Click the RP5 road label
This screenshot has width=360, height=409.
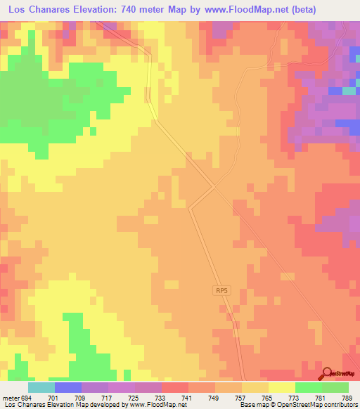pyautogui.click(x=222, y=290)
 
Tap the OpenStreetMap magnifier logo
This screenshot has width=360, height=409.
pyautogui.click(x=328, y=373)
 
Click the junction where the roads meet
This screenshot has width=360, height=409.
pyautogui.click(x=214, y=186)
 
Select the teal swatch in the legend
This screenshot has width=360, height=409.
pyautogui.click(x=41, y=387)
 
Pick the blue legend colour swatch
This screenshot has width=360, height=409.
pyautogui.click(x=68, y=387)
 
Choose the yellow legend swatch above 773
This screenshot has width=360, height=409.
pyautogui.click(x=282, y=387)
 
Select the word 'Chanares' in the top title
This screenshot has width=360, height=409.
pyautogui.click(x=60, y=10)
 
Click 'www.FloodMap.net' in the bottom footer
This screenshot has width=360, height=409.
pyautogui.click(x=148, y=405)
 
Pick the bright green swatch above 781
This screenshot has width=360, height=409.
pyautogui.click(x=309, y=387)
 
